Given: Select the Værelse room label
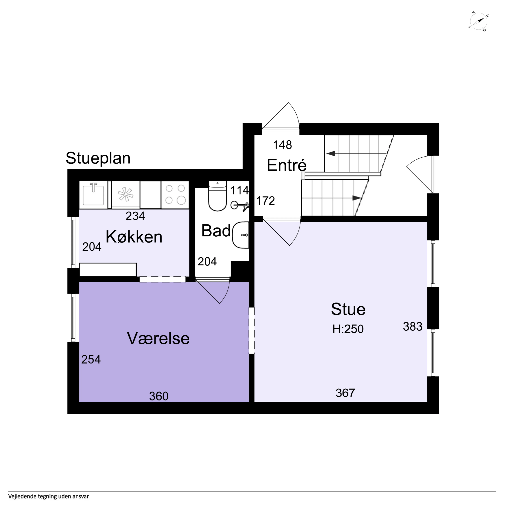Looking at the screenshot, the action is coord(158,338).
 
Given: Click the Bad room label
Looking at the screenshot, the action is coord(216,231).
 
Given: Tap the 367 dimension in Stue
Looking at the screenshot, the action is coord(345,393).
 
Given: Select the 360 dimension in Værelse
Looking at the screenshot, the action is coord(159,396).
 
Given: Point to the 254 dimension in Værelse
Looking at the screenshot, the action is coord(91,359).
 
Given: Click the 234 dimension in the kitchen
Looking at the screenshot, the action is coord(135,216).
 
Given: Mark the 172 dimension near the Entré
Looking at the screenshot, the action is coord(265,201).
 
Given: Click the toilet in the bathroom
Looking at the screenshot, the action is coord(218,196).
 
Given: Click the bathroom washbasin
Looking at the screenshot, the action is coord(240,235).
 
